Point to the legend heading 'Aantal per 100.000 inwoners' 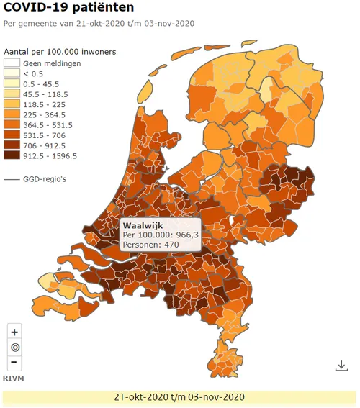[60, 53]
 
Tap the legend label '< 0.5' [33, 73]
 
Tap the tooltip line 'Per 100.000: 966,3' [160, 235]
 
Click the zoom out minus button [15, 363]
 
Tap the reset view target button [15, 348]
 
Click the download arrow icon [341, 366]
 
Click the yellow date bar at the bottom [180, 396]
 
